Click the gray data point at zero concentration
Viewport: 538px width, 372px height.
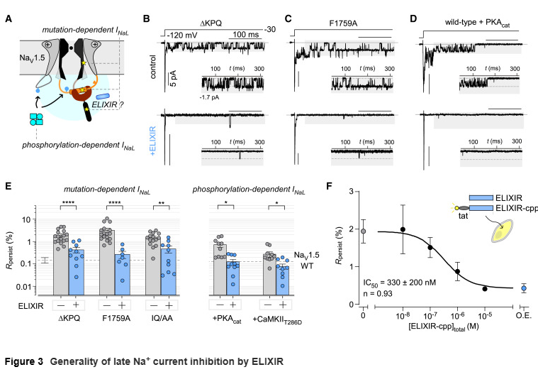pyautogui.click(x=363, y=231)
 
